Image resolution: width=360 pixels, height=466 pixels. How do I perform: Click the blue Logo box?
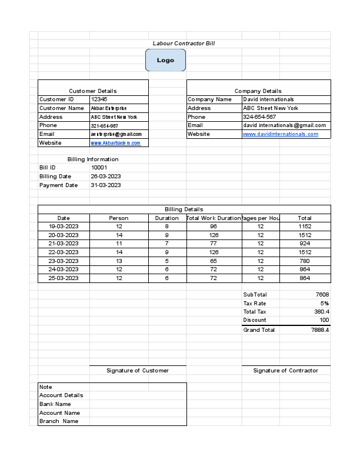pyautogui.click(x=165, y=60)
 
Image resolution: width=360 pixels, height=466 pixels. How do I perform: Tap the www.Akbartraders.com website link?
pyautogui.click(x=116, y=143)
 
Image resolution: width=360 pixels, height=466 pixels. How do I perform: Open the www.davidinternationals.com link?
pyautogui.click(x=281, y=134)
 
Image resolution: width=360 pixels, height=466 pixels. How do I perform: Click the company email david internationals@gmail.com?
pyautogui.click(x=284, y=125)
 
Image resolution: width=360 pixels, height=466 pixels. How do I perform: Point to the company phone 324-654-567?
pyautogui.click(x=259, y=117)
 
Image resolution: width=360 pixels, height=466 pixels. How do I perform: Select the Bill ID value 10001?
pyautogui.click(x=99, y=168)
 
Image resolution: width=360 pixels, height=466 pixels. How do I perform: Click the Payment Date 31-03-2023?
pyautogui.click(x=106, y=185)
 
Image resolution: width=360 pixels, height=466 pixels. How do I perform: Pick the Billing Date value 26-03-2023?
pyautogui.click(x=106, y=177)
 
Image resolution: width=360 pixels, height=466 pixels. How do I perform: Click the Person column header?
pyautogui.click(x=119, y=218)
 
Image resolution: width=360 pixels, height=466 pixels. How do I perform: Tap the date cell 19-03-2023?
pyautogui.click(x=64, y=227)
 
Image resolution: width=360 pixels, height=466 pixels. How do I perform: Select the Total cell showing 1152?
pyautogui.click(x=305, y=227)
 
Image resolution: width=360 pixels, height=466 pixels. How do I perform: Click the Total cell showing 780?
pyautogui.click(x=305, y=261)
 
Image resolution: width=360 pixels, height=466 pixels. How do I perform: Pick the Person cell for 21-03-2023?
pyautogui.click(x=119, y=244)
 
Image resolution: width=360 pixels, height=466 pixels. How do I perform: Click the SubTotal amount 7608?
pyautogui.click(x=322, y=294)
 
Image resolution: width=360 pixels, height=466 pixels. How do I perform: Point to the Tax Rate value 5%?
pyautogui.click(x=325, y=303)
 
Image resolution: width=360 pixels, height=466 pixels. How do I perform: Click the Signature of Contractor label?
pyautogui.click(x=285, y=371)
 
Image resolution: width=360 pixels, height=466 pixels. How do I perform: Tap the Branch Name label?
pyautogui.click(x=59, y=421)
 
